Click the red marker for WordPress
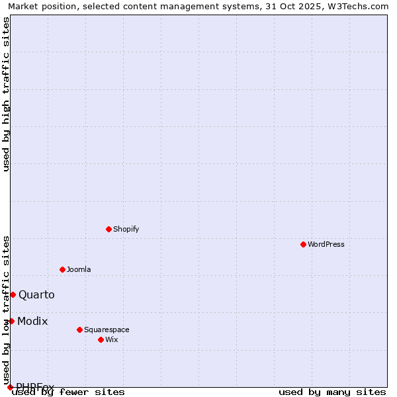tap(304, 244)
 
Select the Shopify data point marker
tap(109, 229)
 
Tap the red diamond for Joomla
tap(63, 269)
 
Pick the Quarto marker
tap(13, 294)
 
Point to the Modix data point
tap(11, 321)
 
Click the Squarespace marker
tap(79, 330)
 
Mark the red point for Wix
tap(101, 339)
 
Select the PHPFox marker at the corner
tap(10, 387)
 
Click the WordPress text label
tap(326, 244)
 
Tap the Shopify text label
tap(126, 229)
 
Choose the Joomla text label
tap(79, 269)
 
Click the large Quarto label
tap(36, 294)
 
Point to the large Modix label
tap(32, 321)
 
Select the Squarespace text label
tap(107, 330)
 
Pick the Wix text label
tap(111, 339)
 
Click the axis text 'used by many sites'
tap(332, 392)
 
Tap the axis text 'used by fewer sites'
tap(69, 392)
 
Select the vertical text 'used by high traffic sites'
tap(7, 94)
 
